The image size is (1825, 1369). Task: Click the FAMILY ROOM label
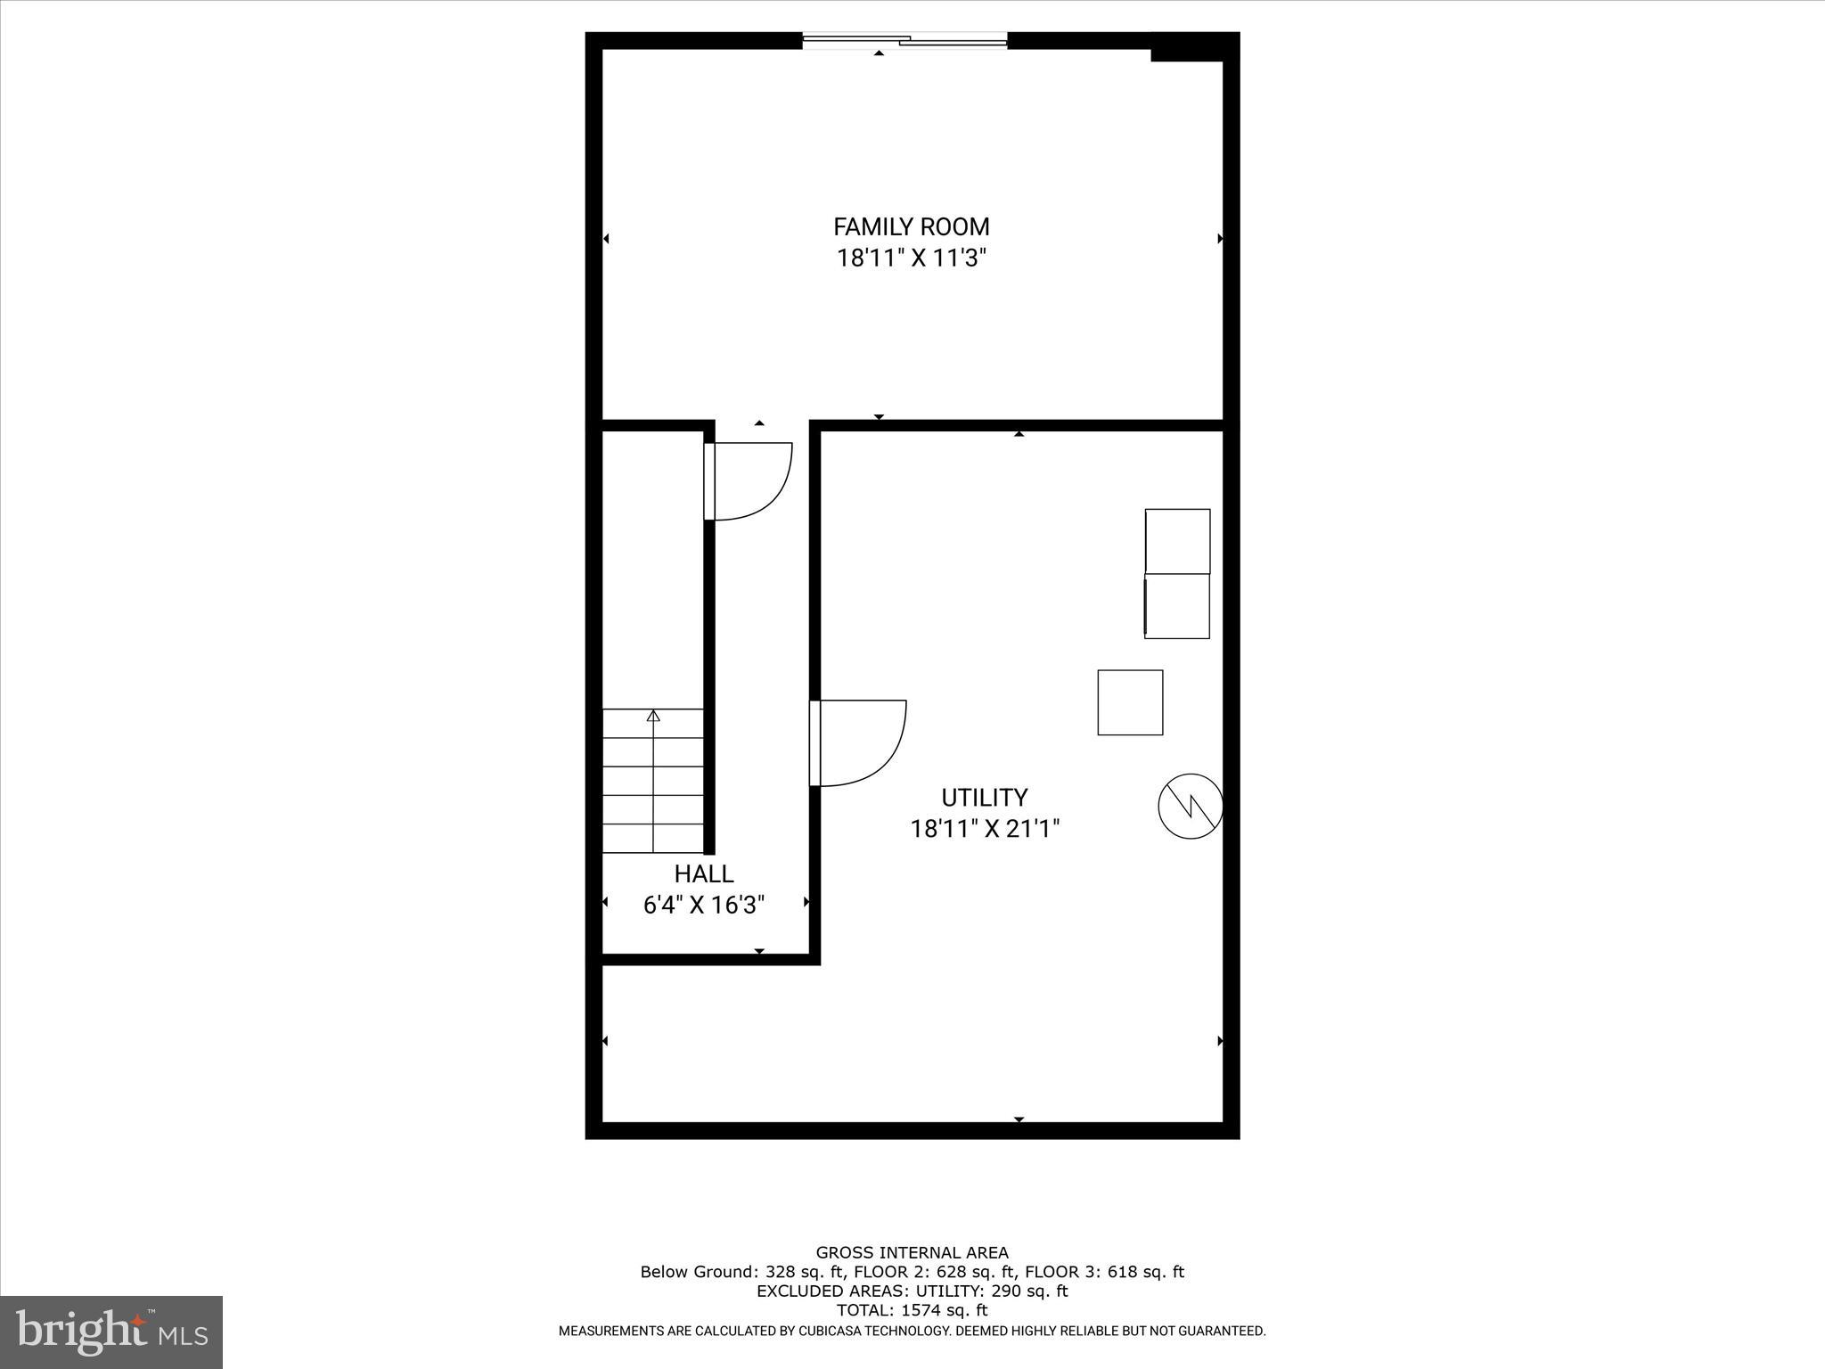tap(912, 226)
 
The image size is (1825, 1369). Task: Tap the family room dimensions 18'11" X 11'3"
tap(912, 258)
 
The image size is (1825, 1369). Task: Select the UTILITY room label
tap(984, 797)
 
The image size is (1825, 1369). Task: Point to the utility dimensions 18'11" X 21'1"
tap(985, 829)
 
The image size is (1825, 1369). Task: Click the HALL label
tap(704, 873)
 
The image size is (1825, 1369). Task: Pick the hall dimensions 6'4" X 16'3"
tap(704, 906)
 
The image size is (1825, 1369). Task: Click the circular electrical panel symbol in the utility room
tap(1190, 806)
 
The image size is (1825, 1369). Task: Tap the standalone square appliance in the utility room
tap(1130, 702)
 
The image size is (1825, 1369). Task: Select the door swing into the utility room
tap(860, 742)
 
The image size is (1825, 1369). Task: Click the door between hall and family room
tap(749, 480)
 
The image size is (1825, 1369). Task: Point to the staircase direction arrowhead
tap(653, 715)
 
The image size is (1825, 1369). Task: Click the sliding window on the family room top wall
tap(904, 39)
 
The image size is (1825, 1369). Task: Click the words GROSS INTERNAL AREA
tap(912, 1253)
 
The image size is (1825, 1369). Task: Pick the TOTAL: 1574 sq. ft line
tap(912, 1310)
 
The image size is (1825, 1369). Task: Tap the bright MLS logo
tap(111, 1332)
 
